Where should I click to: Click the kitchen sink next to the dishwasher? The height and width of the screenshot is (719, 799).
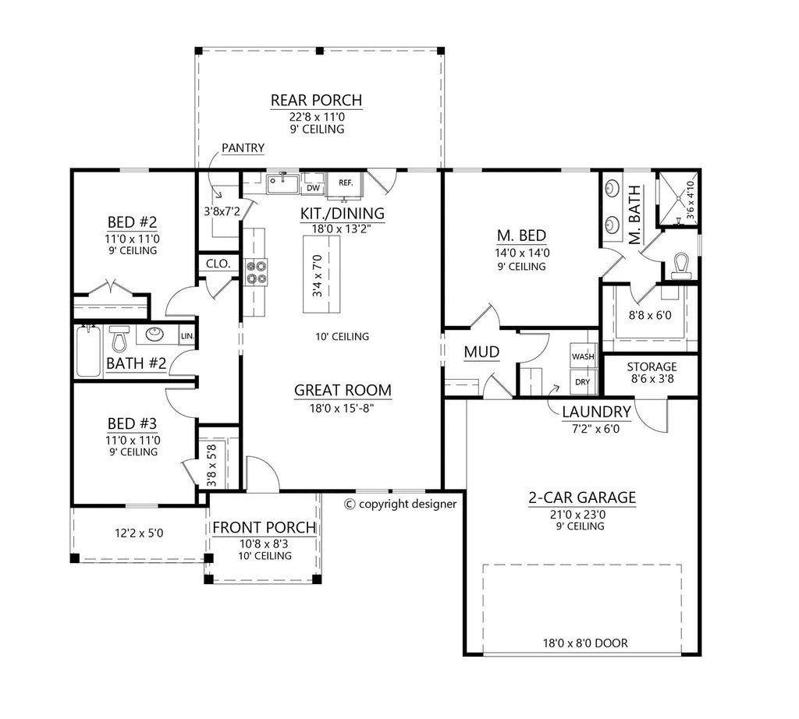[283, 184]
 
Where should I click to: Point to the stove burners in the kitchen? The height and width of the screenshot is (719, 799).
[256, 271]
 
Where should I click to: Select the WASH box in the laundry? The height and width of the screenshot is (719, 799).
[583, 356]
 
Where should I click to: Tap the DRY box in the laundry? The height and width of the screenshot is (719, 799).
[583, 381]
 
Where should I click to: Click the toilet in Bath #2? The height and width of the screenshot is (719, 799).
[119, 340]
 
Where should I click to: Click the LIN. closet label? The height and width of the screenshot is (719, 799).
[187, 336]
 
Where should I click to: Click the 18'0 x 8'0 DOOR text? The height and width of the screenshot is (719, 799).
[586, 643]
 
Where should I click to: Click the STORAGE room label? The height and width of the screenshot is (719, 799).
[652, 367]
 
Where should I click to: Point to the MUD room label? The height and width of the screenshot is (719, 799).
[481, 352]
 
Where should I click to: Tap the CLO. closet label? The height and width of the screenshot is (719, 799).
[218, 264]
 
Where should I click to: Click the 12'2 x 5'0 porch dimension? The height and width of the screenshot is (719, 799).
[139, 533]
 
